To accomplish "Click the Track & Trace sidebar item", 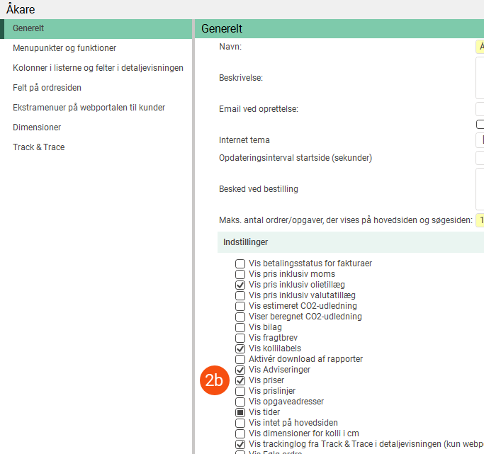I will (x=38, y=147).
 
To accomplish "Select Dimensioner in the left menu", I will (x=37, y=127).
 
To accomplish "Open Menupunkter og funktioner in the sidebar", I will (x=64, y=48).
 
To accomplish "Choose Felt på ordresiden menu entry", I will (x=47, y=88).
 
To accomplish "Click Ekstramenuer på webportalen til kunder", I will (x=89, y=108).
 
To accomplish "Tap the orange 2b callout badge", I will (x=214, y=380).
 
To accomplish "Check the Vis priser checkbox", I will (x=240, y=380).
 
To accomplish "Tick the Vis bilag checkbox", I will (x=240, y=327).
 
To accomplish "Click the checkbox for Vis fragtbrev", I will (x=240, y=338).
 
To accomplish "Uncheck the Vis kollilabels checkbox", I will (x=240, y=348).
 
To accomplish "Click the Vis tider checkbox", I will (x=240, y=412).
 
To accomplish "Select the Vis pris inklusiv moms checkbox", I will (x=240, y=274).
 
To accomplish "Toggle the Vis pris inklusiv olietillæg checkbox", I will (x=240, y=285).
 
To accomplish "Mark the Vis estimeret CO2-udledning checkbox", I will (x=240, y=306).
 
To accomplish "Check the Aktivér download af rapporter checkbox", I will (x=240, y=359).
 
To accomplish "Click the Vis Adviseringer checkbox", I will (x=240, y=370).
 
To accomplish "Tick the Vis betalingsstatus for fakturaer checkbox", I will (x=240, y=263).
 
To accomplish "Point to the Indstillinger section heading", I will (x=245, y=242).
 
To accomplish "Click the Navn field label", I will (x=230, y=47).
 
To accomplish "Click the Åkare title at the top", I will (x=21, y=10).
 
